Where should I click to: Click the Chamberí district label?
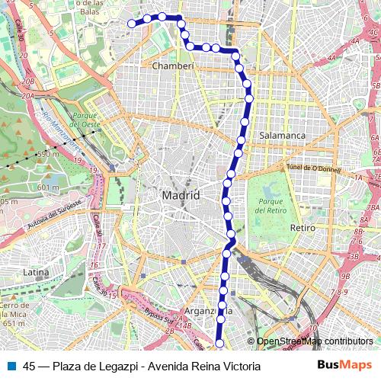(x=174, y=66)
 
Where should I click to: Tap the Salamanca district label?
(x=283, y=135)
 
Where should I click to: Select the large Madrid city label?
(x=181, y=196)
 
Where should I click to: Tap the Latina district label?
(x=36, y=271)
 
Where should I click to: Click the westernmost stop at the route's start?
(x=131, y=24)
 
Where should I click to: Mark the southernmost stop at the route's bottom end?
(x=219, y=344)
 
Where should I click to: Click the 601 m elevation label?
(x=47, y=188)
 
